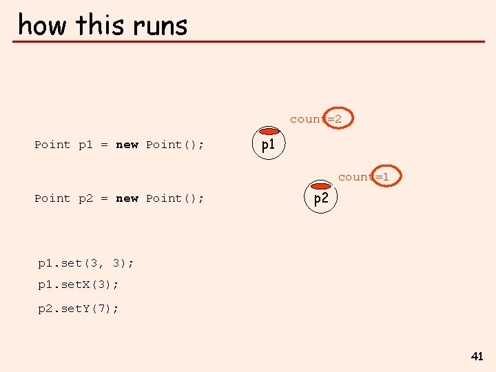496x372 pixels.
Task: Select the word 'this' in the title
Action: click(x=101, y=25)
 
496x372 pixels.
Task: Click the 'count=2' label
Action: click(x=316, y=119)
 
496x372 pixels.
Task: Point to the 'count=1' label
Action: click(x=364, y=177)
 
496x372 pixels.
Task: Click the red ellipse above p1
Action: click(x=268, y=132)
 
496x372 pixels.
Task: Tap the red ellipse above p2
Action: click(x=321, y=185)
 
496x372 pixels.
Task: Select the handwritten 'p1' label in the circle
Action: click(x=268, y=145)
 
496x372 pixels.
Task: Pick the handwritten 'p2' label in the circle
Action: click(x=321, y=199)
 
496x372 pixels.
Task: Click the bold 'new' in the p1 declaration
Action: click(x=127, y=145)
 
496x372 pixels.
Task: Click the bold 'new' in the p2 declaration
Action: click(x=127, y=198)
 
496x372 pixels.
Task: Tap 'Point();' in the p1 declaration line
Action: click(x=175, y=145)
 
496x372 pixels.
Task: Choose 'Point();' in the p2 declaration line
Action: click(x=175, y=198)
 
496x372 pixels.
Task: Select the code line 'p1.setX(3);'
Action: click(x=78, y=284)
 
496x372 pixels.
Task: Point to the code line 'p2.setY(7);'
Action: click(x=78, y=309)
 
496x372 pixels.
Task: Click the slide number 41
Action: click(x=477, y=356)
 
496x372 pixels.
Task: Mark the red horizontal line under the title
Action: click(x=248, y=42)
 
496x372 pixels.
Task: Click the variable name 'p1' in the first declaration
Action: click(x=85, y=145)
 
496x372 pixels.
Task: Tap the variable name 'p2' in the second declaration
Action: click(x=85, y=198)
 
